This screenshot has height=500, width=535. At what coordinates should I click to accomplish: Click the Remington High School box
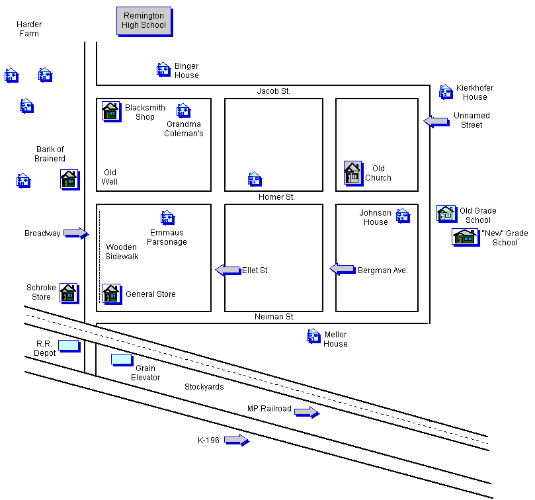coord(144,21)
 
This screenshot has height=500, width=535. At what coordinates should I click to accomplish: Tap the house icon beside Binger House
coord(163,69)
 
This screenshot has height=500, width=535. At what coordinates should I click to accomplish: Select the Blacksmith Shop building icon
coord(110,111)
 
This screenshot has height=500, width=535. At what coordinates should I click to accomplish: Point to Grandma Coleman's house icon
coord(183,110)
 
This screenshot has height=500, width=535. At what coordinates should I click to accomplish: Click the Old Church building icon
coord(352,173)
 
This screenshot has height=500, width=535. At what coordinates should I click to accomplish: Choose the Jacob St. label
coord(274,91)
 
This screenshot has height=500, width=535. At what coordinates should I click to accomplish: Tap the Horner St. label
coord(276,197)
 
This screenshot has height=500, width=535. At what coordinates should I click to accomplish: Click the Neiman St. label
coord(274,317)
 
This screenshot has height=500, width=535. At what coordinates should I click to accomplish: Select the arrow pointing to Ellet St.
coord(227,270)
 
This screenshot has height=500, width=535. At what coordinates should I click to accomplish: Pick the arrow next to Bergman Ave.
coord(343,269)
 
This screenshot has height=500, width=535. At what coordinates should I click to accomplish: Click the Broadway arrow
coord(76,233)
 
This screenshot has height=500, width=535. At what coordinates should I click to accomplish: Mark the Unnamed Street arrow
coord(436,120)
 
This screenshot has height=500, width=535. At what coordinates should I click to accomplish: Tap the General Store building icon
coord(110,293)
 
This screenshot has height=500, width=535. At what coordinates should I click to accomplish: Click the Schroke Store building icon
coord(69,292)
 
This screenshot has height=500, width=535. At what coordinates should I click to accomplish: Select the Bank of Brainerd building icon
coord(69,179)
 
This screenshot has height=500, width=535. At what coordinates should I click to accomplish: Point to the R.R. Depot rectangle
coord(68,345)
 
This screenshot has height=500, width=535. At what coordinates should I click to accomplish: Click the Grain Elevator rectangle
coord(121,359)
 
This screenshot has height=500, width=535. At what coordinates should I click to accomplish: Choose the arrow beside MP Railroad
coord(306,412)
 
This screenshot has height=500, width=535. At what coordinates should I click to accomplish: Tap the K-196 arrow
coord(236,440)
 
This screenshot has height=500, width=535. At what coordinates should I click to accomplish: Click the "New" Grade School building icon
coord(464,236)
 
